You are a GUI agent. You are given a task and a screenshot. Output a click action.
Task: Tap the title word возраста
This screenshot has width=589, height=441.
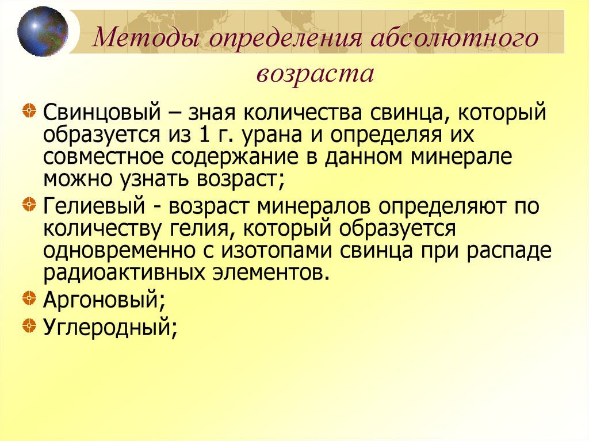tap(315, 74)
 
